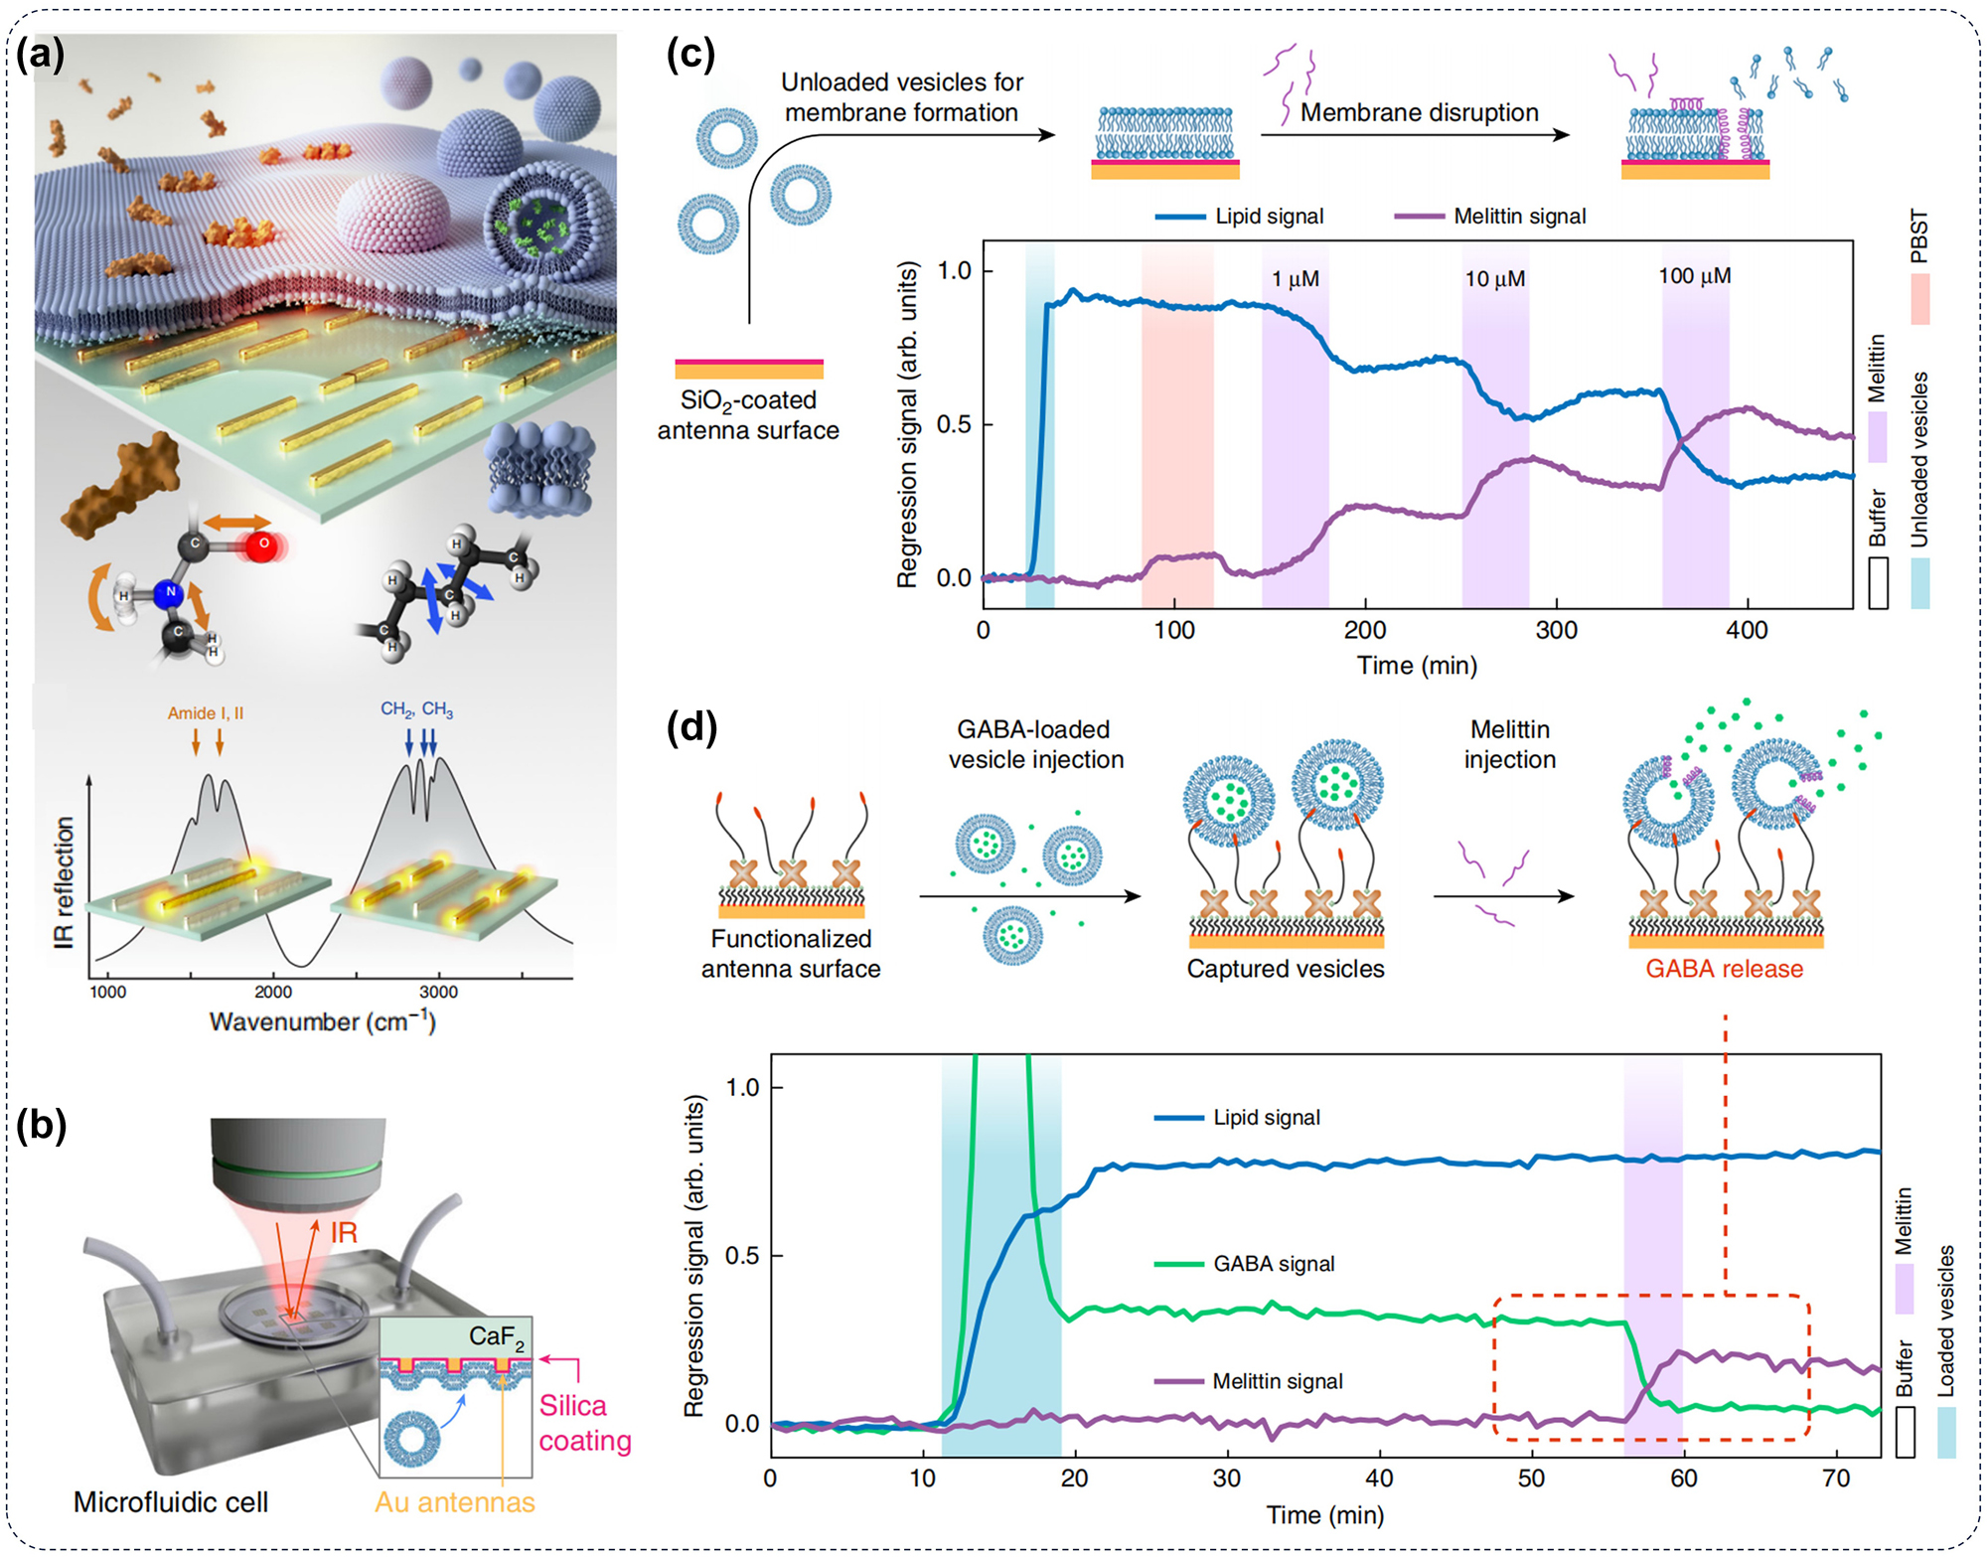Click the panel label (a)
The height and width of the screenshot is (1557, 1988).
point(41,55)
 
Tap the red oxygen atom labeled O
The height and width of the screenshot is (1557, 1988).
point(262,544)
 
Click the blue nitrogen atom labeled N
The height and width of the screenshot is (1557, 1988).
point(170,591)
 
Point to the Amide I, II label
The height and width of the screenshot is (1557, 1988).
point(205,713)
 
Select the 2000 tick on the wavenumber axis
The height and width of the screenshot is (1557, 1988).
point(272,992)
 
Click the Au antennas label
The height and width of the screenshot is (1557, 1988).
point(454,1502)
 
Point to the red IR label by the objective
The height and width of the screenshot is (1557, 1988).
point(344,1233)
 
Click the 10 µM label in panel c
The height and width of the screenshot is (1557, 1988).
point(1494,279)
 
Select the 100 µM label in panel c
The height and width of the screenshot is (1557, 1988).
point(1694,276)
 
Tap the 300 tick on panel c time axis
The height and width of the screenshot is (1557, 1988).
point(1556,630)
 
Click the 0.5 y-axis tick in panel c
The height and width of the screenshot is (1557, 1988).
point(955,424)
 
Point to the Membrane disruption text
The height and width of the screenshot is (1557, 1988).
point(1419,112)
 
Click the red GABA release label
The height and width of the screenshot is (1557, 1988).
point(1724,969)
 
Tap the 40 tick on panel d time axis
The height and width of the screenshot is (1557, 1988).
point(1379,1479)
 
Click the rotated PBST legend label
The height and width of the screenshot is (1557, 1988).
point(1918,236)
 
